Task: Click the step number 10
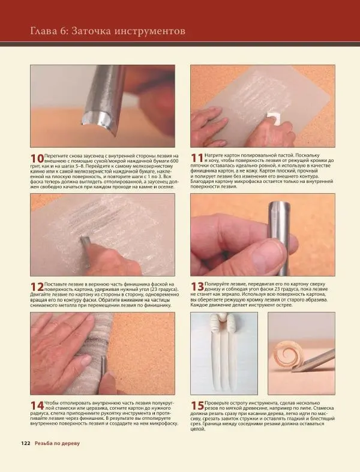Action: point(37,158)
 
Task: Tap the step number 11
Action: point(197,158)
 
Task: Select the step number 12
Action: point(37,287)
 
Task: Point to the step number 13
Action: point(197,287)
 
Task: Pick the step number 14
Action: point(37,405)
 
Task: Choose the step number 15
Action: point(197,405)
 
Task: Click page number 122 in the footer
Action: point(26,443)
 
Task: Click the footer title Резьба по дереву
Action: point(57,443)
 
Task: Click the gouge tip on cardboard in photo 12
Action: point(84,241)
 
